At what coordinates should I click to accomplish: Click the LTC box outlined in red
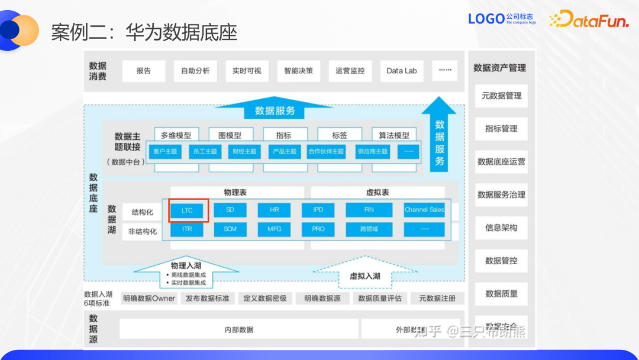click(188, 210)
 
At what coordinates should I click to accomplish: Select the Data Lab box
click(402, 71)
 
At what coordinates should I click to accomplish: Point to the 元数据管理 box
click(501, 95)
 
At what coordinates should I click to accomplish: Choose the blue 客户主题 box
click(165, 152)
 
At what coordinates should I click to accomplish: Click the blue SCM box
click(230, 229)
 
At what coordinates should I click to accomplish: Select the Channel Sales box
click(424, 210)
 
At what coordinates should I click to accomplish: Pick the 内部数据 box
click(238, 329)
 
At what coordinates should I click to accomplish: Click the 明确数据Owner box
click(149, 298)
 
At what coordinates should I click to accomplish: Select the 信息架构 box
click(501, 227)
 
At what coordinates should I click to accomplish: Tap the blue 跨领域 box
click(369, 229)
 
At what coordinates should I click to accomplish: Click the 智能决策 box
click(298, 71)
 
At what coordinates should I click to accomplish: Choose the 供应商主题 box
click(372, 152)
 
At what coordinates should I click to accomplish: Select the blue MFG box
click(275, 229)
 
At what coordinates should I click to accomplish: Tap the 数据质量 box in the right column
click(501, 294)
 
